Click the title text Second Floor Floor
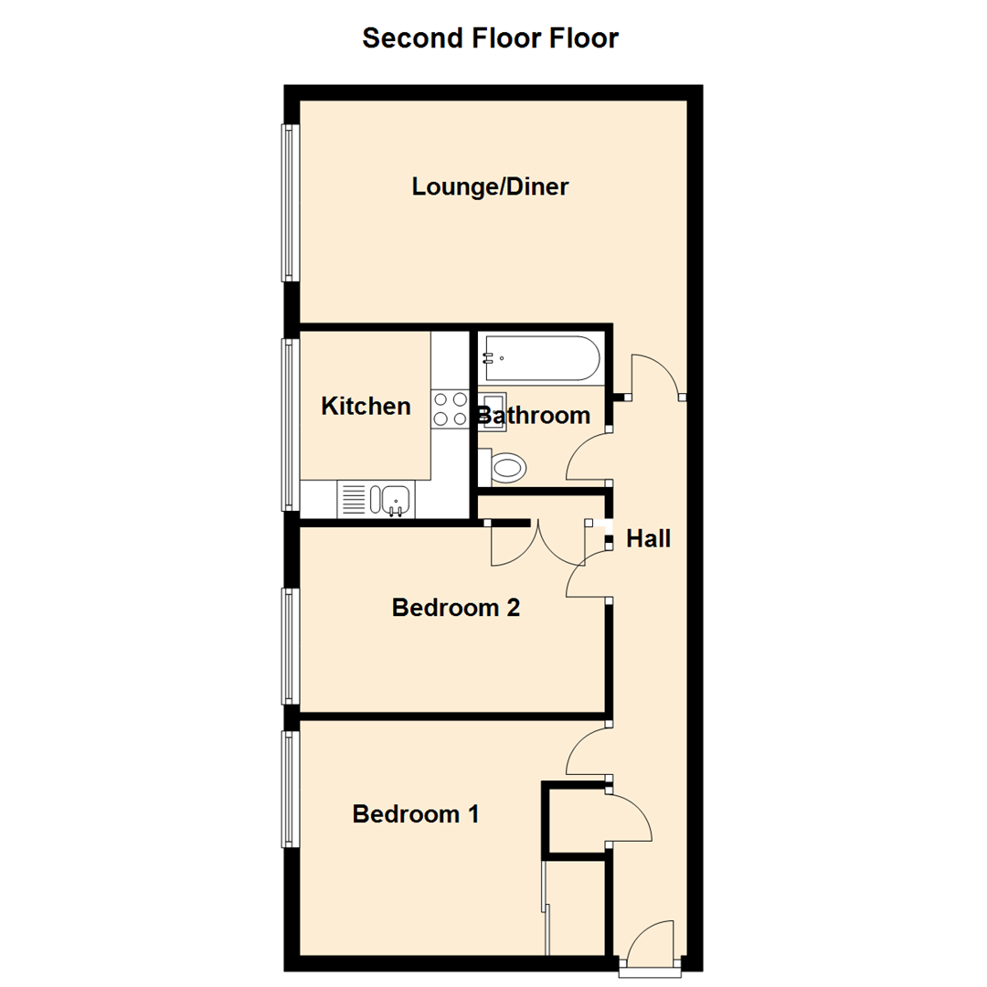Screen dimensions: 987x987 click(490, 38)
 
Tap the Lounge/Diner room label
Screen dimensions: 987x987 click(490, 187)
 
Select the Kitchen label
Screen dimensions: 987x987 click(366, 406)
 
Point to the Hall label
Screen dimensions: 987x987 click(648, 539)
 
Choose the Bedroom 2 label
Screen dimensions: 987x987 click(455, 608)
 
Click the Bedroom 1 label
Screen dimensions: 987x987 click(416, 813)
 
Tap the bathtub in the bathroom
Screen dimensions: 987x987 click(540, 357)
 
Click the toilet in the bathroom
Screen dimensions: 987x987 click(505, 469)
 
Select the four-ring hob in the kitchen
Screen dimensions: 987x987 click(450, 409)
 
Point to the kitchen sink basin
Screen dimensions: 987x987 click(396, 499)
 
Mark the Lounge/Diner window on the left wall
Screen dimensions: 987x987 click(289, 202)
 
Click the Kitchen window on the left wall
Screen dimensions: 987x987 click(289, 424)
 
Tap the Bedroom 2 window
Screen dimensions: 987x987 click(289, 645)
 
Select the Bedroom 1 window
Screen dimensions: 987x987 click(289, 788)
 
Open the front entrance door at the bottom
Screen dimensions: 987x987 click(651, 946)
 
